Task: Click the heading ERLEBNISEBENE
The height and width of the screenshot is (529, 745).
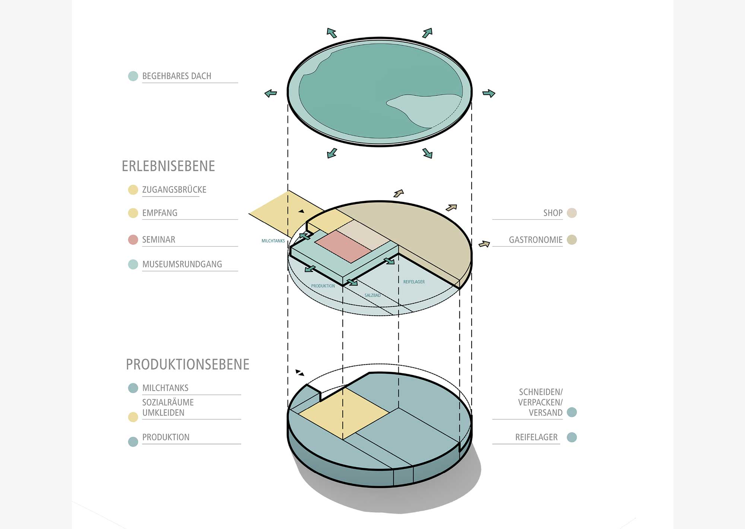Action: tap(168, 166)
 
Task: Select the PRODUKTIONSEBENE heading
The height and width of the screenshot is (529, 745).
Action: tap(187, 364)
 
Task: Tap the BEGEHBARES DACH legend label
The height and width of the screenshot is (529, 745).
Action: tap(177, 76)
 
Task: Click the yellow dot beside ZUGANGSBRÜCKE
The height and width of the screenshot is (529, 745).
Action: tap(133, 190)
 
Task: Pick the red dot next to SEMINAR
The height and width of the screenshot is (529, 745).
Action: tap(133, 240)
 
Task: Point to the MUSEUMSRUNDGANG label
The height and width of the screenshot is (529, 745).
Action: tap(182, 264)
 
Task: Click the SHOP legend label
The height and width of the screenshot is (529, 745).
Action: tap(553, 213)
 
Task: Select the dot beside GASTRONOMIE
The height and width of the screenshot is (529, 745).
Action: tap(572, 240)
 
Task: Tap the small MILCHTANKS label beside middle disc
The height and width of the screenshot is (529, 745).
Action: tap(273, 241)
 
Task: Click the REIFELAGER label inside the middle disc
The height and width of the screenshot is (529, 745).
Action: tap(414, 282)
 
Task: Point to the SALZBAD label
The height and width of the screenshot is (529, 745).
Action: tap(372, 295)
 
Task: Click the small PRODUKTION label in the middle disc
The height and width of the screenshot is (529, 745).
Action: tap(323, 286)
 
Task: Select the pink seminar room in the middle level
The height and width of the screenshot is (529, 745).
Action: tap(343, 246)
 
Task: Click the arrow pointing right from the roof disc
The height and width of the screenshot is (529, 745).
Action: tap(489, 93)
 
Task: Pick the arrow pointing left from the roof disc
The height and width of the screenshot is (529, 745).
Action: tap(271, 93)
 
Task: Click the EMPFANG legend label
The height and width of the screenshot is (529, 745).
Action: tap(160, 213)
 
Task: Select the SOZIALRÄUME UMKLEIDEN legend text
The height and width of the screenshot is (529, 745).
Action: tap(168, 408)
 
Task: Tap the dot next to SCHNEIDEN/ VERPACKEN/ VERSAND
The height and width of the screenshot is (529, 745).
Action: tap(572, 412)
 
